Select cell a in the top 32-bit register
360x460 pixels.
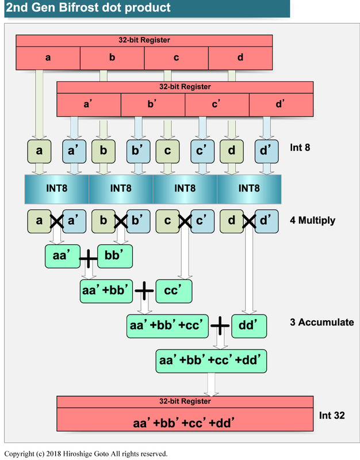(47, 58)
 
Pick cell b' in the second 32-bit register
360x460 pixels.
(152, 104)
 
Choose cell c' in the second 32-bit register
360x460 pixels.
(217, 104)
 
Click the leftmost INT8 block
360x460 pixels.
(56, 188)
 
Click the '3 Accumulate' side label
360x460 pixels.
(321, 322)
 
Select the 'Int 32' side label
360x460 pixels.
(332, 415)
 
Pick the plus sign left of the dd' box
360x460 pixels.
(220, 326)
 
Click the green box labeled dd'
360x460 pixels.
(250, 325)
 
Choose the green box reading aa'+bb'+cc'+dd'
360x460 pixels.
(212, 361)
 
